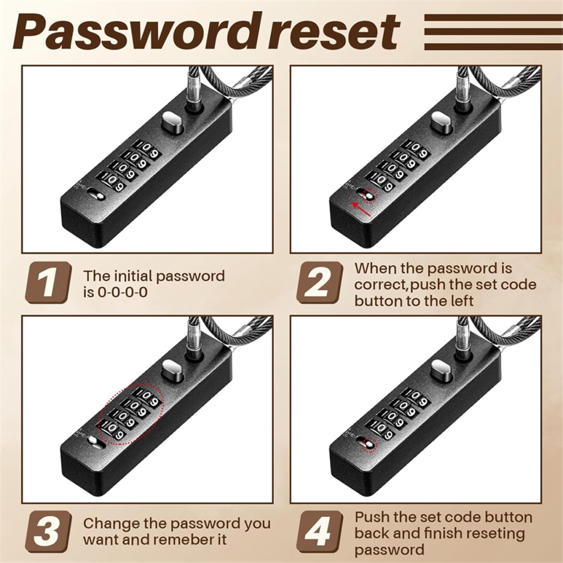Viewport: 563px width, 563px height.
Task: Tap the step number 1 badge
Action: point(48,283)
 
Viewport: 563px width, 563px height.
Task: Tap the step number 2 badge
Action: point(319,283)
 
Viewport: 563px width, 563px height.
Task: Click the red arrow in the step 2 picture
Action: point(361,210)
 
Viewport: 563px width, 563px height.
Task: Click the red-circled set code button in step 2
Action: point(369,194)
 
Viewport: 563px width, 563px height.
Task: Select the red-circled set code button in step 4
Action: point(370,445)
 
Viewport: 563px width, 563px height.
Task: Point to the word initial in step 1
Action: point(133,276)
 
